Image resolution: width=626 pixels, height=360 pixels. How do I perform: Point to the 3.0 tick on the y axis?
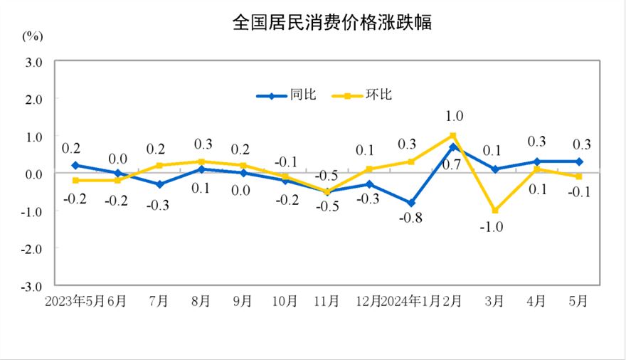click(34, 62)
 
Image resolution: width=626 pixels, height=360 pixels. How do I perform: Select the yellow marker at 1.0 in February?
click(453, 135)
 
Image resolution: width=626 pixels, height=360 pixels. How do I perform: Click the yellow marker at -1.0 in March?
click(495, 211)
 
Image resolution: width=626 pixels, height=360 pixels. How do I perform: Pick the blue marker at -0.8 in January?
click(411, 203)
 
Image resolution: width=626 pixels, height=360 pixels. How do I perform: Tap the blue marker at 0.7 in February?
click(453, 147)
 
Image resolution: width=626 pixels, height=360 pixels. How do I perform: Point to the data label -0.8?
click(411, 218)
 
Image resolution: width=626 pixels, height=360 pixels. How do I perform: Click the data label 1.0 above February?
click(454, 116)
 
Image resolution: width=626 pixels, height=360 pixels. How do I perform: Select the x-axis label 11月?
click(327, 301)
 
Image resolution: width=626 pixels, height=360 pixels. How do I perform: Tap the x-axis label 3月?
click(495, 301)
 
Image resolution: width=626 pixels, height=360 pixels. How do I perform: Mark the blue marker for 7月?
click(159, 184)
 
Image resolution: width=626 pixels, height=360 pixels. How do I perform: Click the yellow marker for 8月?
click(201, 162)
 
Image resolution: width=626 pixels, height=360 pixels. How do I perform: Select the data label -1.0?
click(495, 227)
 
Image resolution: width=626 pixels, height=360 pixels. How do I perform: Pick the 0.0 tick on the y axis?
click(34, 174)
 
